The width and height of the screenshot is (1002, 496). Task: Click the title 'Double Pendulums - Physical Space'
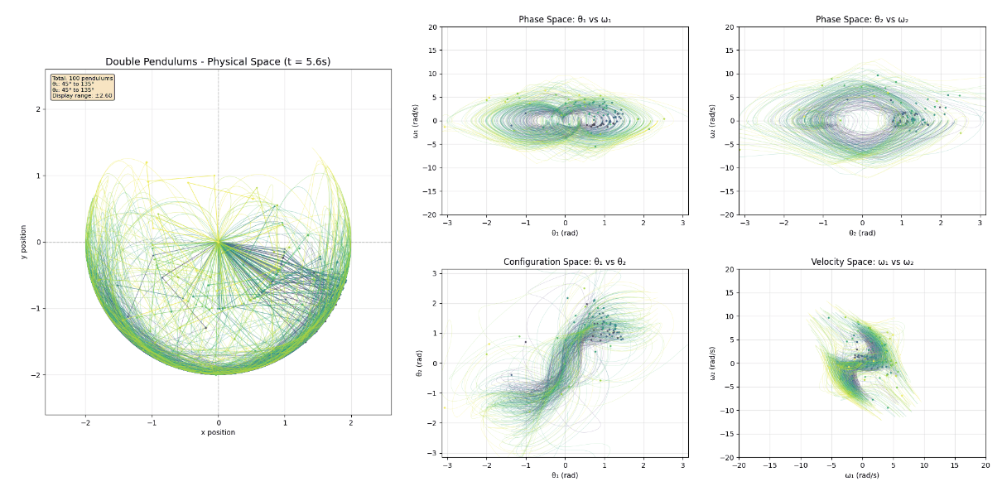coord(218,62)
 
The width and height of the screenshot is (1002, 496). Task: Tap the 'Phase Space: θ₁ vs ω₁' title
coord(564,19)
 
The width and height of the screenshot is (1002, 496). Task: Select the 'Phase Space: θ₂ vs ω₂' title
coord(861,19)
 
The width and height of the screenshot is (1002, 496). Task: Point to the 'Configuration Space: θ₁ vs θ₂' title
coord(564,262)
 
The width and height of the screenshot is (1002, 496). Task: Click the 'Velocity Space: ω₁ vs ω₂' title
coord(861,262)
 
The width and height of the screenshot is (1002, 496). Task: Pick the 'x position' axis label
coord(218,432)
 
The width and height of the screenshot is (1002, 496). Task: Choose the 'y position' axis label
coord(25,242)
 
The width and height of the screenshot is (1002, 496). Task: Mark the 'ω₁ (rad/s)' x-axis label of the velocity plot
coord(861,474)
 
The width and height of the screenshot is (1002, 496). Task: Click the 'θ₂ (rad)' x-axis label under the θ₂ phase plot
coord(861,233)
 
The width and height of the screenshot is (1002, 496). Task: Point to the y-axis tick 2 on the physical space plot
coord(39,109)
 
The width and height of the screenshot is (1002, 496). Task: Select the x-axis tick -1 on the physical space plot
coord(151,421)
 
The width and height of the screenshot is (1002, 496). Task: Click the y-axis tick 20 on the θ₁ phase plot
coord(432,26)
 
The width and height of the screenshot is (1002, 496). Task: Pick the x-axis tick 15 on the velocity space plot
coord(954,465)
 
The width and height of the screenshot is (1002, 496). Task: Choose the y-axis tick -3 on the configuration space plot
coord(433,453)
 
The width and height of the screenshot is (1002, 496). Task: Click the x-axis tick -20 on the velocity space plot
coord(739,465)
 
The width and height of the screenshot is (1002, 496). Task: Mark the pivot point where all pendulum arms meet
coord(218,242)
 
